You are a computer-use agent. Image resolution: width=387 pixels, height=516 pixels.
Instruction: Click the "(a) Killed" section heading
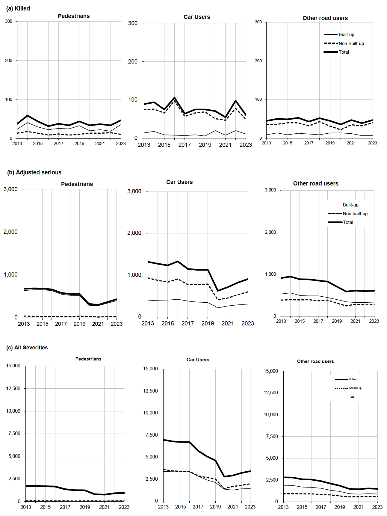[x=18, y=8]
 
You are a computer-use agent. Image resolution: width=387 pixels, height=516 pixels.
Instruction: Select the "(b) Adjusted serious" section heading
[x=34, y=172]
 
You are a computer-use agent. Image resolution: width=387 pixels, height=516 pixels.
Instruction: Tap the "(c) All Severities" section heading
[x=27, y=347]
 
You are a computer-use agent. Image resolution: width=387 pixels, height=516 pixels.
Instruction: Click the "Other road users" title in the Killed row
[x=325, y=18]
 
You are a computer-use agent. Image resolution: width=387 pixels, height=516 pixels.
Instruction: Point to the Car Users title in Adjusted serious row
[x=179, y=182]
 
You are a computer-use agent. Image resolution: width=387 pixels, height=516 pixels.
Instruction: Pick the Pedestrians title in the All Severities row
[x=88, y=359]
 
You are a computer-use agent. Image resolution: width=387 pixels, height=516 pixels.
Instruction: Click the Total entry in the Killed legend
[x=344, y=52]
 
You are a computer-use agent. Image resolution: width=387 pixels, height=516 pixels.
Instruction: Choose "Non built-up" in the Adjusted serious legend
[x=355, y=214]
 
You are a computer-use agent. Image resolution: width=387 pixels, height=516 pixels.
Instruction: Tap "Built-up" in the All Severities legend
[x=353, y=379]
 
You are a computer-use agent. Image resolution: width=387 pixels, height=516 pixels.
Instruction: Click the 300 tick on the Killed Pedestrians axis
[x=9, y=21]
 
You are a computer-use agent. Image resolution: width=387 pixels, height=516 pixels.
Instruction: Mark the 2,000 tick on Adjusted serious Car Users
[x=134, y=233]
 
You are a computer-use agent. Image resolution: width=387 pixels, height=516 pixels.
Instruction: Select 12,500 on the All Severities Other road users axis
[x=270, y=393]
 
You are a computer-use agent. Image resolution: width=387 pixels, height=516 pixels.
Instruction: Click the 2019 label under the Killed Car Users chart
[x=205, y=145]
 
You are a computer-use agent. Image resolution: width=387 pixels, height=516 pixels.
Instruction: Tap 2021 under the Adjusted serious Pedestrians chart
[x=98, y=324]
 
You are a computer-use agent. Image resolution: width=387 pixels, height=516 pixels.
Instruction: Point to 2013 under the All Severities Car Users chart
[x=163, y=506]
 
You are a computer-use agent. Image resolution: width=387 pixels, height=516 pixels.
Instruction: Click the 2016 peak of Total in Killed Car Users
[x=174, y=98]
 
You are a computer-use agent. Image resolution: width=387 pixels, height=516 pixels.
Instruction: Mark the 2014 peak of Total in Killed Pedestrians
[x=28, y=116]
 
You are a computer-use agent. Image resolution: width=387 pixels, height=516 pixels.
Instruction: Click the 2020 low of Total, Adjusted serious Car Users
[x=218, y=291]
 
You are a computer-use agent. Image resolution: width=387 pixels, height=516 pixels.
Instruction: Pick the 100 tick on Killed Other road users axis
[x=258, y=99]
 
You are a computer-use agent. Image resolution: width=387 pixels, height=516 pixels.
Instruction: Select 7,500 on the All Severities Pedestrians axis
[x=13, y=433]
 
